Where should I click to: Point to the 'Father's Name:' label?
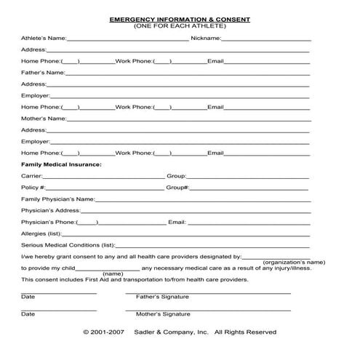pos(43,73)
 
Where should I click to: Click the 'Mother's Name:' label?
pos(44,119)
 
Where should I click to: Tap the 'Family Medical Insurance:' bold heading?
pos(62,164)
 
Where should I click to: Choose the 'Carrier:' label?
pos(32,176)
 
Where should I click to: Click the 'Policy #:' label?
pos(33,188)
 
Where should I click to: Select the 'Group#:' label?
pos(178,188)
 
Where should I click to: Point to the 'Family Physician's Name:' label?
pos(57,199)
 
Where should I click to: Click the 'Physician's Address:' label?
pos(50,210)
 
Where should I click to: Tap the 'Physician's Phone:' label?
pos(48,222)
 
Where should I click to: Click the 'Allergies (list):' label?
pos(42,233)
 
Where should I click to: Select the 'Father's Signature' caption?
pos(162,297)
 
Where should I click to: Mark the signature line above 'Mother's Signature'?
pos(208,310)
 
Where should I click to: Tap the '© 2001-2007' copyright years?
pos(105,332)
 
